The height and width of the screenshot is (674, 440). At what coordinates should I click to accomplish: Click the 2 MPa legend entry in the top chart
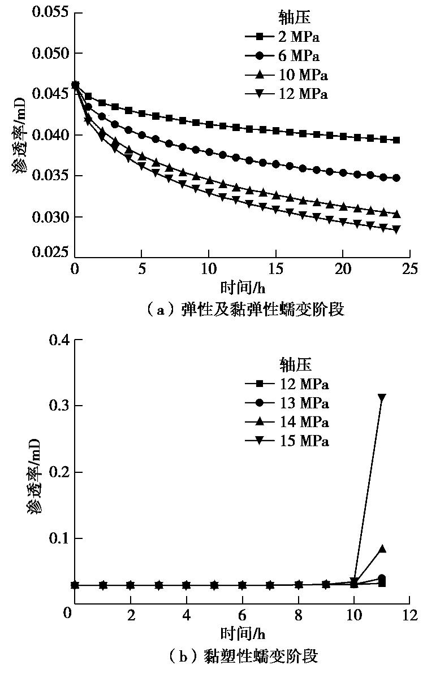286,37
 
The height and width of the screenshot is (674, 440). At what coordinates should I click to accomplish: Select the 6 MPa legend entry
286,56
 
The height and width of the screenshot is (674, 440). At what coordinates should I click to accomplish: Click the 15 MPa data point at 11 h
382,398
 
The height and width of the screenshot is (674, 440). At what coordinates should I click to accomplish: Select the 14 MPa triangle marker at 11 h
382,549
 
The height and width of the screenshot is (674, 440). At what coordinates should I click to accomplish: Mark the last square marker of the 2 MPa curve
396,140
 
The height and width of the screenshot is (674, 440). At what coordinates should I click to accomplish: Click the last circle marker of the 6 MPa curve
396,178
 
